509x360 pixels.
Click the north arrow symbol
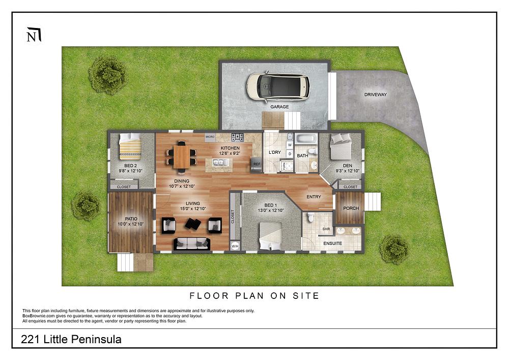click(x=34, y=35)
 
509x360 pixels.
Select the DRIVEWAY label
click(x=376, y=95)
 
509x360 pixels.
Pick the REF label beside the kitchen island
click(x=257, y=164)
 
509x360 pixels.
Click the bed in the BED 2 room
click(x=131, y=148)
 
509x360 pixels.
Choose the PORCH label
click(x=351, y=208)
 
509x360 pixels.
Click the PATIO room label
click(x=131, y=219)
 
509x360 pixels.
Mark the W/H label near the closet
click(x=235, y=246)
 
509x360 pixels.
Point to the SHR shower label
click(x=326, y=230)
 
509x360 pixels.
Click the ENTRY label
click(x=314, y=197)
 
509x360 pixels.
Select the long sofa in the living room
click(x=192, y=244)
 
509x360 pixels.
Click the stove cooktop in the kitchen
click(x=238, y=137)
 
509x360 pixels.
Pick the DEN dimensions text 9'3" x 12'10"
click(x=348, y=171)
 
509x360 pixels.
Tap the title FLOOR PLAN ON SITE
click(x=254, y=296)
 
